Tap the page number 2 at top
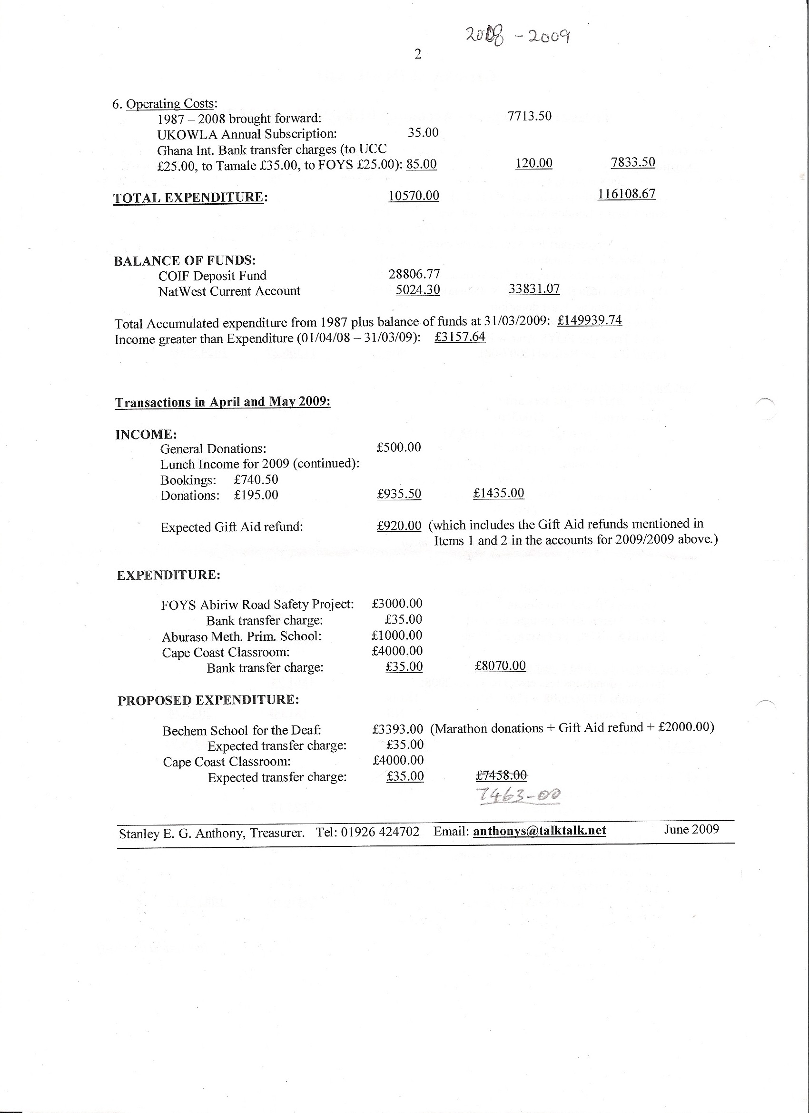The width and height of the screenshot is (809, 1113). (x=418, y=54)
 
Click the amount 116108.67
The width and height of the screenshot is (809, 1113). (x=626, y=194)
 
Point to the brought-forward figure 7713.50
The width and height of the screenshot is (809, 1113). (x=529, y=116)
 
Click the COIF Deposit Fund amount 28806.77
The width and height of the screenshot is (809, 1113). (x=414, y=274)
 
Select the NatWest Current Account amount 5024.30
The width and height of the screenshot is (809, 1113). (x=417, y=289)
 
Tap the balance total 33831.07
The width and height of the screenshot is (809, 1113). (x=534, y=288)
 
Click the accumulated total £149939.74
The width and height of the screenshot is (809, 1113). (x=590, y=320)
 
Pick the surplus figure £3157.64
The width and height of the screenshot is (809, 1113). (x=460, y=337)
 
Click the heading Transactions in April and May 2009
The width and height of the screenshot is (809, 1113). (x=222, y=402)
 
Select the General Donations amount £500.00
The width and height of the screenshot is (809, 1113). (x=398, y=447)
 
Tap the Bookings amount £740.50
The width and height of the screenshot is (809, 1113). (x=256, y=479)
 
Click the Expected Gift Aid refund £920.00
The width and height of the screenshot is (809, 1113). (x=399, y=526)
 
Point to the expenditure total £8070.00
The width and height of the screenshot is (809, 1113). (x=500, y=666)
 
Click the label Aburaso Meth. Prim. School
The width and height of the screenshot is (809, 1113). (x=241, y=636)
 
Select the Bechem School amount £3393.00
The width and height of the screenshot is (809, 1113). (x=397, y=728)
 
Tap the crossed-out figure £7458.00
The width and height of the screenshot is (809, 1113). (x=502, y=775)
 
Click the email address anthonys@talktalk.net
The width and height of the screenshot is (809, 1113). (x=539, y=830)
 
